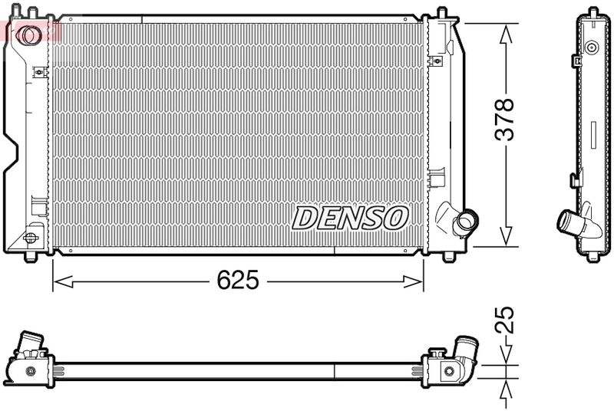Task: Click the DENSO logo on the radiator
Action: (349, 218)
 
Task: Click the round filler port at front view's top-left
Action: (30, 34)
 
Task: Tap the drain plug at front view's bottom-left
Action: (32, 237)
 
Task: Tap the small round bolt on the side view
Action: (591, 48)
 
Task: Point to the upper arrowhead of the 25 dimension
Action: (504, 355)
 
